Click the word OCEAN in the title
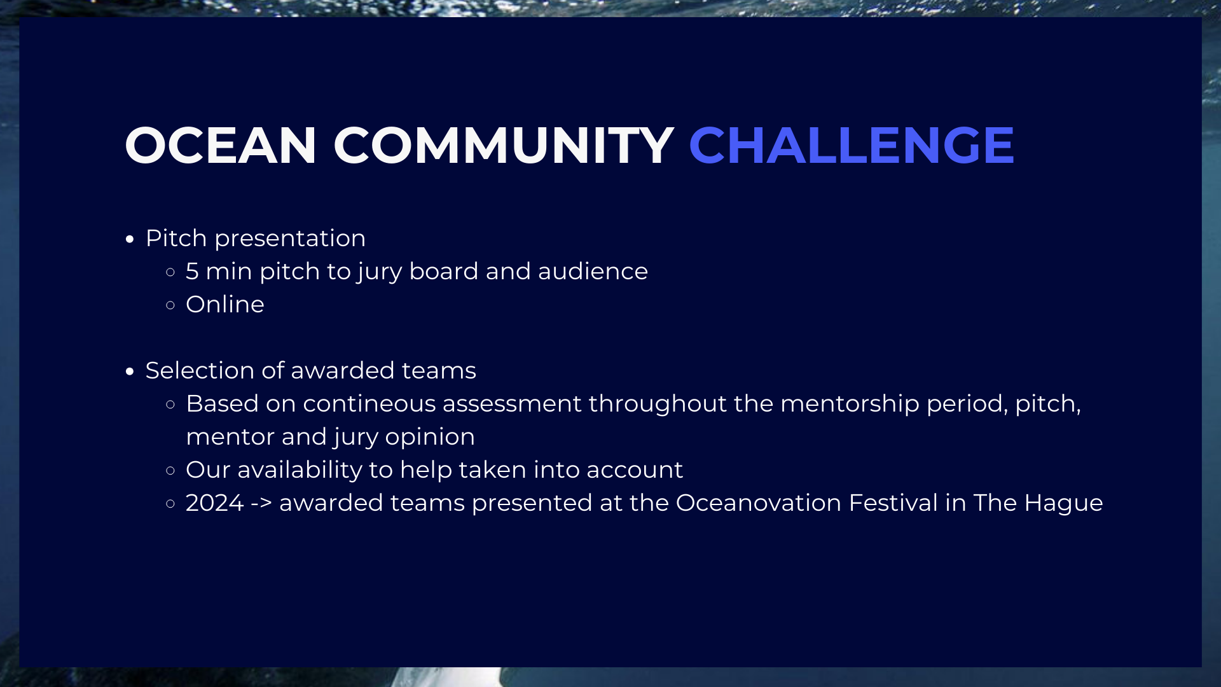tap(221, 146)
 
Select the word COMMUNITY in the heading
tap(503, 146)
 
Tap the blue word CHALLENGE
tap(852, 146)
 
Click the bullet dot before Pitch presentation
tap(130, 240)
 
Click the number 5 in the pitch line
tap(192, 272)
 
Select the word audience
tap(593, 271)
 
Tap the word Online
tap(225, 304)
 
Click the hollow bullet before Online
tap(170, 305)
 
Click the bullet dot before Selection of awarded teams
tap(130, 372)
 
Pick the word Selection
tap(200, 370)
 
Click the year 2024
tap(215, 503)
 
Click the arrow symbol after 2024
tap(261, 503)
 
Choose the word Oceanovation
tap(759, 503)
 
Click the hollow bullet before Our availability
tap(170, 471)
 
